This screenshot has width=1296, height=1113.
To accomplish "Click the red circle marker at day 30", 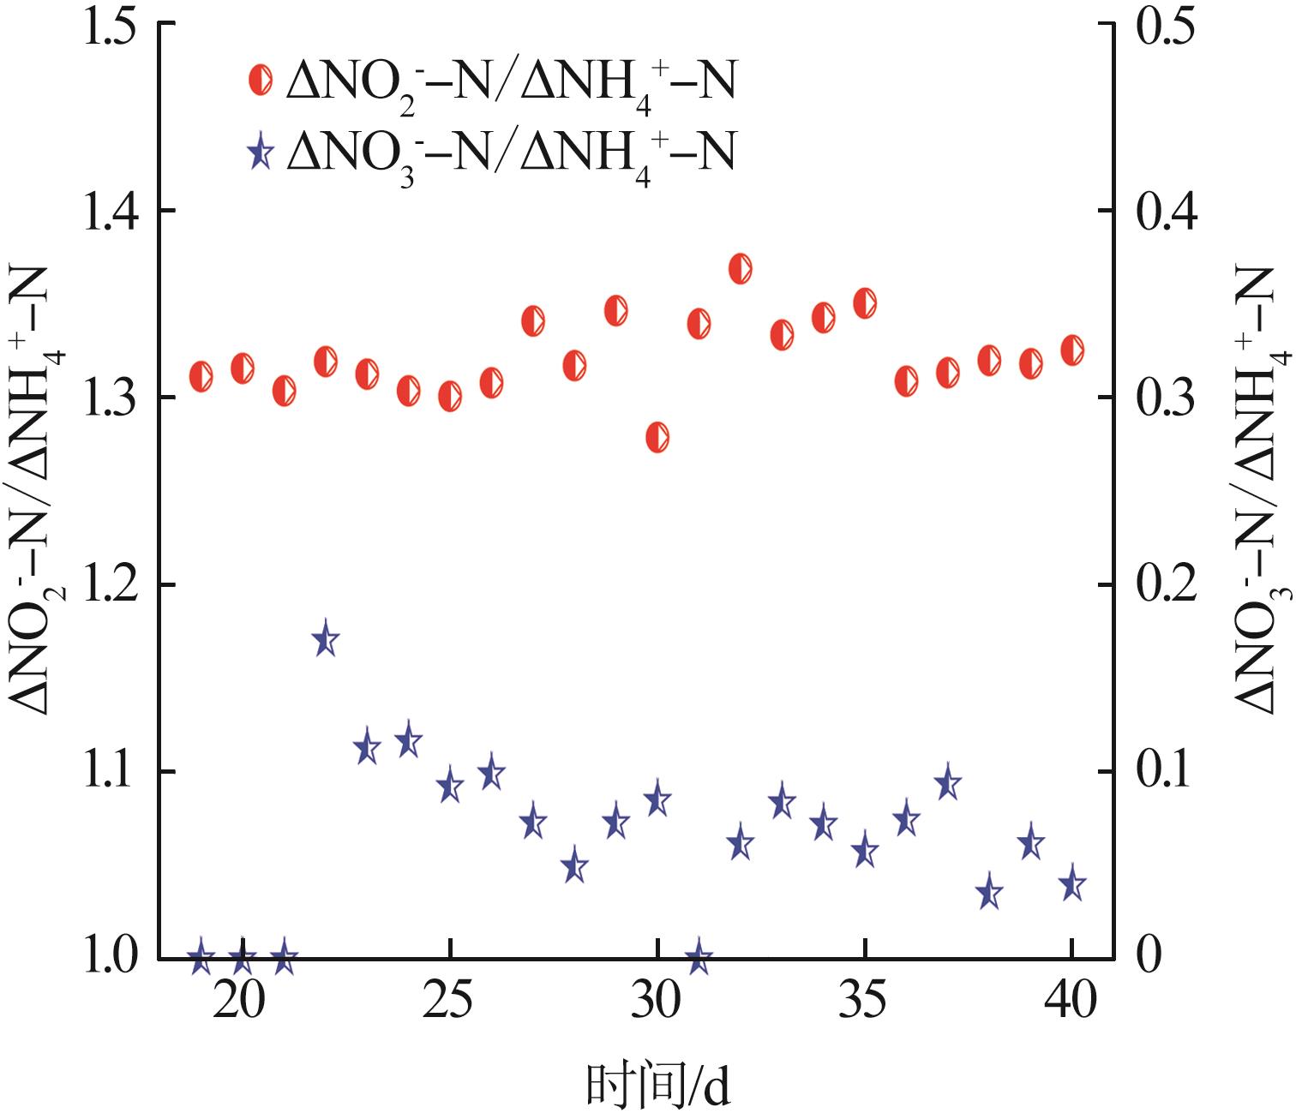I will point(657,438).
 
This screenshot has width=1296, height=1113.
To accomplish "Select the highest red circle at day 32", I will point(741,268).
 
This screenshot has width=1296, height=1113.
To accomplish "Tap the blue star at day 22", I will point(325,639).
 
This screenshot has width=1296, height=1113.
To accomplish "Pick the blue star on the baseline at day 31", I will point(699,958).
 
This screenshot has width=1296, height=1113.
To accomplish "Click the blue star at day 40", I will point(1072,884).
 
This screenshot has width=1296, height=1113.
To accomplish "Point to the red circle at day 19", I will point(201,375).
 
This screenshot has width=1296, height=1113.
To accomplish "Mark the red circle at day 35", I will point(865,303).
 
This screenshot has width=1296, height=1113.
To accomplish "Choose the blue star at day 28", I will point(574,867).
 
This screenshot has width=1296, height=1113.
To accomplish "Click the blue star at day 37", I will point(947,783).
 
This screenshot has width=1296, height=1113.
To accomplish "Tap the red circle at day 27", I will point(533,320).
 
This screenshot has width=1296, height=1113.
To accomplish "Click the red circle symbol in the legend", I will point(261,81).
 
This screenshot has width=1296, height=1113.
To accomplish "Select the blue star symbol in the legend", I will point(261,153).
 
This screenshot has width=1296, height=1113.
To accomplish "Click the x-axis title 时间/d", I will point(658,1085).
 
